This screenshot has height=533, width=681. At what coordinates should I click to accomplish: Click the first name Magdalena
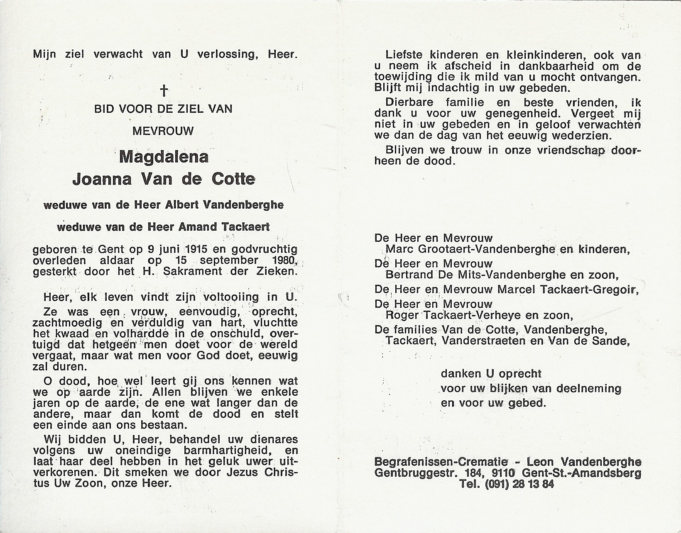[164, 157]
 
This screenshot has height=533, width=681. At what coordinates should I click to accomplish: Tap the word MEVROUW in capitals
[163, 131]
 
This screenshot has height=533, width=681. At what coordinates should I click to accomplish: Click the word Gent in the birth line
[112, 249]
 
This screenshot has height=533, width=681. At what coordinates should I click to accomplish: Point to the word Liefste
[403, 54]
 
